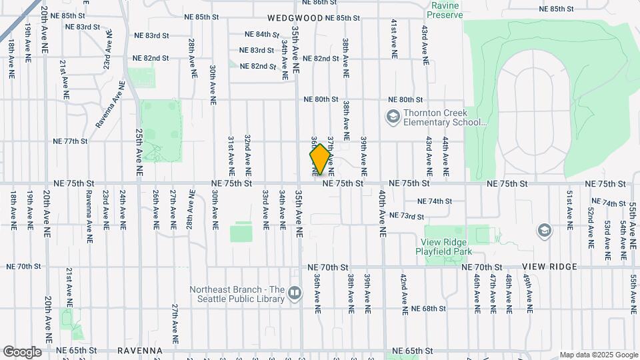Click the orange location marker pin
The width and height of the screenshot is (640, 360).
pos(320,159)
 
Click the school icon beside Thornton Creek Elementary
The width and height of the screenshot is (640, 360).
pos(393,117)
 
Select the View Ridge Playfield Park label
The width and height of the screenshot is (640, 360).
pos(447,247)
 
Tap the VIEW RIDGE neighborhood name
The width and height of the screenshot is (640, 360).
pos(555,266)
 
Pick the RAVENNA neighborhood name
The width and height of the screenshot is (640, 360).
pos(140,350)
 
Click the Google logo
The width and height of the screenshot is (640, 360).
pos(22,352)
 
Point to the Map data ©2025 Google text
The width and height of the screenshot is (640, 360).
pos(599,355)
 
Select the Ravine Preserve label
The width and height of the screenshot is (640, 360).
pos(447,10)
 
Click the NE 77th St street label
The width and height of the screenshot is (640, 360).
pos(71,141)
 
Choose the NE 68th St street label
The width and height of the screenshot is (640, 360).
pos(428,309)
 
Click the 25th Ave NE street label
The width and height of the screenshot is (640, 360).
pos(139,152)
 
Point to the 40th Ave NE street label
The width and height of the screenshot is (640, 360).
pos(383,212)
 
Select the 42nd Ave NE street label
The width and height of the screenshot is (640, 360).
pos(403,293)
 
